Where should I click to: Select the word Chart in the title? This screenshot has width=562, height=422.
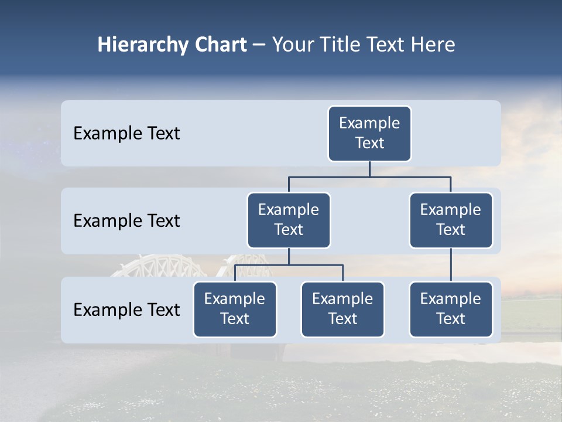[221, 45]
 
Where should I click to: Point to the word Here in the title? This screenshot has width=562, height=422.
[433, 45]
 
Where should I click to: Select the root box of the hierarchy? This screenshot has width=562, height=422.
[369, 134]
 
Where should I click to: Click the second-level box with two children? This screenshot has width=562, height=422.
[289, 220]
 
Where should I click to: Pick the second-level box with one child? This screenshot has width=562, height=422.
[451, 220]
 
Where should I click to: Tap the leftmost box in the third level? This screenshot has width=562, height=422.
[235, 309]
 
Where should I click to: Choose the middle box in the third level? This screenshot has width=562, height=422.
[342, 309]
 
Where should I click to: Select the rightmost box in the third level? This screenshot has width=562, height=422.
[451, 309]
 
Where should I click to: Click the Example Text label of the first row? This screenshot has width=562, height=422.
[126, 134]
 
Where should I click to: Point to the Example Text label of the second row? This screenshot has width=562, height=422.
[126, 221]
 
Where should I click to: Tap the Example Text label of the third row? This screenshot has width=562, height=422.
[126, 310]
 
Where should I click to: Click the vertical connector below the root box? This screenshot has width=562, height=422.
[369, 169]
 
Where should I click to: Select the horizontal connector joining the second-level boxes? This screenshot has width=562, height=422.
[369, 176]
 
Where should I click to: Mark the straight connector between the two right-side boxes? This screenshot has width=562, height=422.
[451, 265]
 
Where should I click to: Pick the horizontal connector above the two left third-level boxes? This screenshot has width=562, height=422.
[289, 265]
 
